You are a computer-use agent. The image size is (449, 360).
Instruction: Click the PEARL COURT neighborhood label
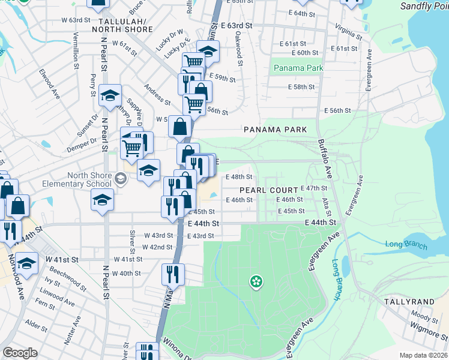(x=269, y=190)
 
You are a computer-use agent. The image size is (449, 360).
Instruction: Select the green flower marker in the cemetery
(x=256, y=281)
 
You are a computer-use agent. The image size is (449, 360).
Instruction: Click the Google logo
(x=20, y=353)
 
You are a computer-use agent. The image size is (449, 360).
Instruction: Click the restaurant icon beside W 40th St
(x=173, y=275)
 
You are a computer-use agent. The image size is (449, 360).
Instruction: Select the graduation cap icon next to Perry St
(x=110, y=95)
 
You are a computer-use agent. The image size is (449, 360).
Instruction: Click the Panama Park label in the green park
(x=298, y=68)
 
